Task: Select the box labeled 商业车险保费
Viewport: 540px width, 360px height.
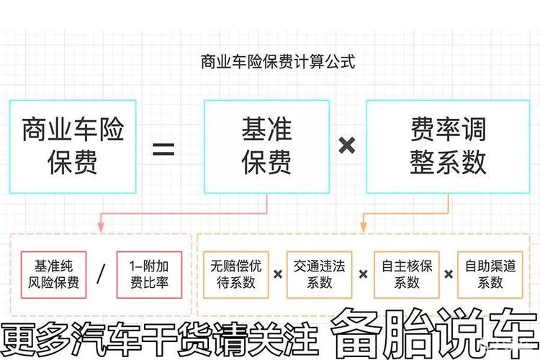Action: click(73, 146)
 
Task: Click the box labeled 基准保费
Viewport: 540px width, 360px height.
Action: click(266, 146)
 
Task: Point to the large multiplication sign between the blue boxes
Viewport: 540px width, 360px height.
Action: click(347, 146)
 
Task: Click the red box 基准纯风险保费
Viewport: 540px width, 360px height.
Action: click(54, 274)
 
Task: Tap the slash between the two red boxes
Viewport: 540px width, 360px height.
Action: click(101, 274)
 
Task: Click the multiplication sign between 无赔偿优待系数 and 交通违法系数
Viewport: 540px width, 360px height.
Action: click(277, 274)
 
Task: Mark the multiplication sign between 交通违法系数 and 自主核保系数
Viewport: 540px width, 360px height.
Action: click(362, 274)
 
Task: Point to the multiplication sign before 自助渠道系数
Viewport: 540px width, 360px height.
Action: click(449, 274)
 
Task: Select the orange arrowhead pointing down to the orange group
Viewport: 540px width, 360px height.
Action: click(363, 228)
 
